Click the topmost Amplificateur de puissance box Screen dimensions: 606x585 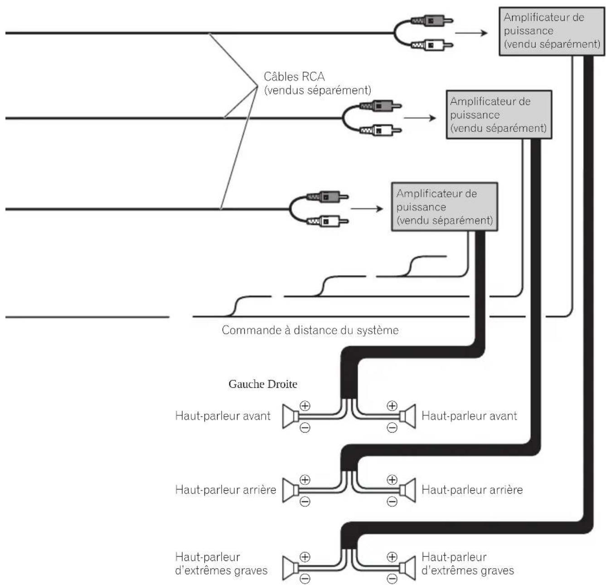552,31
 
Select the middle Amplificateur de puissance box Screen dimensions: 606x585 499,115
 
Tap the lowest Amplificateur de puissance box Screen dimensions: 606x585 444,206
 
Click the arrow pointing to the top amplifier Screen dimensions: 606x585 471,33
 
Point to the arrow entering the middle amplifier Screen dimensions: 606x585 420,118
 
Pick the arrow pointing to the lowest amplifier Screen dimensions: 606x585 367,209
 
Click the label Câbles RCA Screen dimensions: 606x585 294,77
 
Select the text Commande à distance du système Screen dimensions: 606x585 310,330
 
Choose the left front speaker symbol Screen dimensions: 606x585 291,416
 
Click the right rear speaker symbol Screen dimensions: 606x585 407,490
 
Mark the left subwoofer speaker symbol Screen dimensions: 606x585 291,567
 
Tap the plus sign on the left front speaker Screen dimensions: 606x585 305,405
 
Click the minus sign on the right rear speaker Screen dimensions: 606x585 392,501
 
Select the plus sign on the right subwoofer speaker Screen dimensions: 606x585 392,556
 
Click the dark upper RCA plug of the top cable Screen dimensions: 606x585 431,21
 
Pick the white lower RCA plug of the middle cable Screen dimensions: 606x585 380,131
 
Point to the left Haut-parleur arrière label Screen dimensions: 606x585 225,490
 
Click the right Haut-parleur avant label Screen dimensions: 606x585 469,416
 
